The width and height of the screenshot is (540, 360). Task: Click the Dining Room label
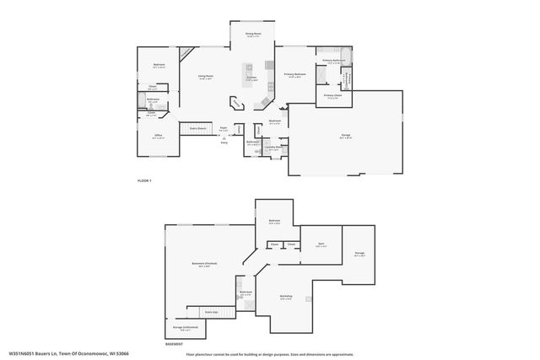point(252,35)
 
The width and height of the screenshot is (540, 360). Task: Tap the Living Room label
point(205,77)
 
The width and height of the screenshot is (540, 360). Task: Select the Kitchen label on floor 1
point(251,78)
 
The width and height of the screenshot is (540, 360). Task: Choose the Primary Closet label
point(332,96)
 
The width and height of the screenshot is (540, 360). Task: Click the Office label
point(158,136)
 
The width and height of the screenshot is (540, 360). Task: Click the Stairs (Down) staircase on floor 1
point(198,128)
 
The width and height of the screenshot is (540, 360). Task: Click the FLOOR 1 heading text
point(145,181)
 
